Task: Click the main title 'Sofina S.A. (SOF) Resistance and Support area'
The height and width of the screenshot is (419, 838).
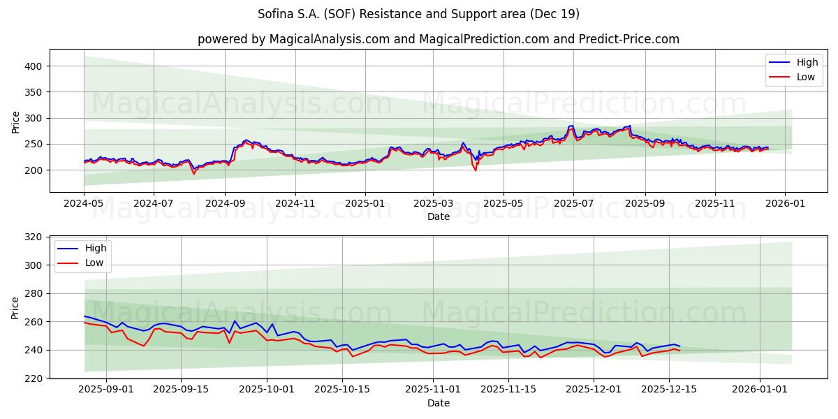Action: coord(418,14)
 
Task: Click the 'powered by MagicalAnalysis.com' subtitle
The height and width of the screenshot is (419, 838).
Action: coord(438,39)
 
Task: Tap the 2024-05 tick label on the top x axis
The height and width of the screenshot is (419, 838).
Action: coord(84,204)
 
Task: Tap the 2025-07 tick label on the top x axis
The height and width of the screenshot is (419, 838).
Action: coord(573,204)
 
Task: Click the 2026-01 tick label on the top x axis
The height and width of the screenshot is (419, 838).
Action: coord(786,204)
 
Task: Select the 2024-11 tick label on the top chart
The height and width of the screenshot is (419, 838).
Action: coord(295,204)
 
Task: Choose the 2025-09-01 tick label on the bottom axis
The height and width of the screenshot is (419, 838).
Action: coord(106,390)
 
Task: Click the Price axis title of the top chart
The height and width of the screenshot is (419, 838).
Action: coord(16,122)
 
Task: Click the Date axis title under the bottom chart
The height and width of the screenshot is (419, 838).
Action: coord(438,403)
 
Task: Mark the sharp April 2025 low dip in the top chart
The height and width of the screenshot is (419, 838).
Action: coord(476,170)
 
